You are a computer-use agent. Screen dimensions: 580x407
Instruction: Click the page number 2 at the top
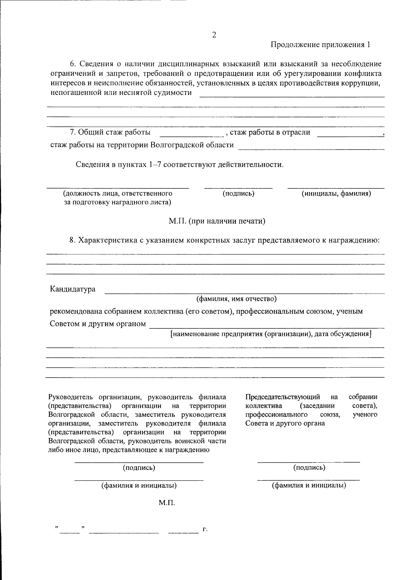tap(214, 35)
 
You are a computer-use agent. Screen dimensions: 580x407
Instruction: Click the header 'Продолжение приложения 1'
tap(321, 45)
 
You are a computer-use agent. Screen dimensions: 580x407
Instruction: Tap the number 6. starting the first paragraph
tap(73, 64)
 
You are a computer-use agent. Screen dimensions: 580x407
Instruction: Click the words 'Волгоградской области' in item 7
tap(192, 145)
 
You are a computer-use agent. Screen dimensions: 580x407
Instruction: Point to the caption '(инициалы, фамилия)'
tap(336, 194)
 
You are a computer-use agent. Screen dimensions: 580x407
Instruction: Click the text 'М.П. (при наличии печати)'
tap(217, 221)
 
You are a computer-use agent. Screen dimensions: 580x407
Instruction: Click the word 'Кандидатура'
tap(73, 289)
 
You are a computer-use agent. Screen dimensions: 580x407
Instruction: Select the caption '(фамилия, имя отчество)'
tap(237, 299)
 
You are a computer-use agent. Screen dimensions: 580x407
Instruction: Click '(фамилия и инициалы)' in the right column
tap(309, 485)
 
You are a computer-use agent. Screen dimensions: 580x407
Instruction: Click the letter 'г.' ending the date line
tap(205, 528)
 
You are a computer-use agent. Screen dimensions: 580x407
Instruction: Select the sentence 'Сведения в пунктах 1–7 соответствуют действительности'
tap(179, 165)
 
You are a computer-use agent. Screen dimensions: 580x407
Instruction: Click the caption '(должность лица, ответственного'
tap(118, 194)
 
